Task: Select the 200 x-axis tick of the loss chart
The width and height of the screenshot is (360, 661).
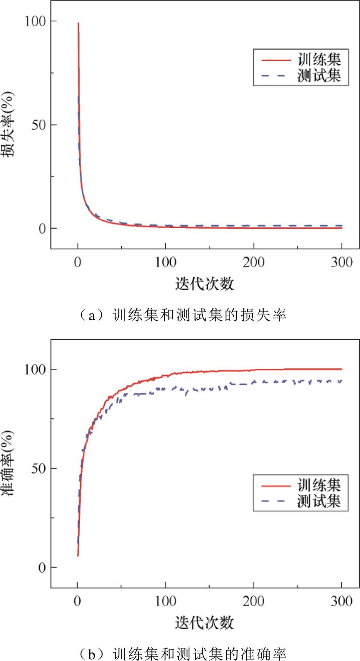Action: tap(254, 262)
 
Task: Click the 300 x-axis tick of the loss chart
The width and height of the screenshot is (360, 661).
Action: tap(341, 262)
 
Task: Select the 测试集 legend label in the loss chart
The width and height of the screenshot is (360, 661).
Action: tap(319, 76)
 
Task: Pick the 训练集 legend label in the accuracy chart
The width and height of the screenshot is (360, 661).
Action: tap(319, 485)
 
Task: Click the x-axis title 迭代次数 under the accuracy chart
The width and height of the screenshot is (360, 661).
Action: tap(205, 623)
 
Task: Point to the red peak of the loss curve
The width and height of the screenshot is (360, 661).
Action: tap(78, 24)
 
